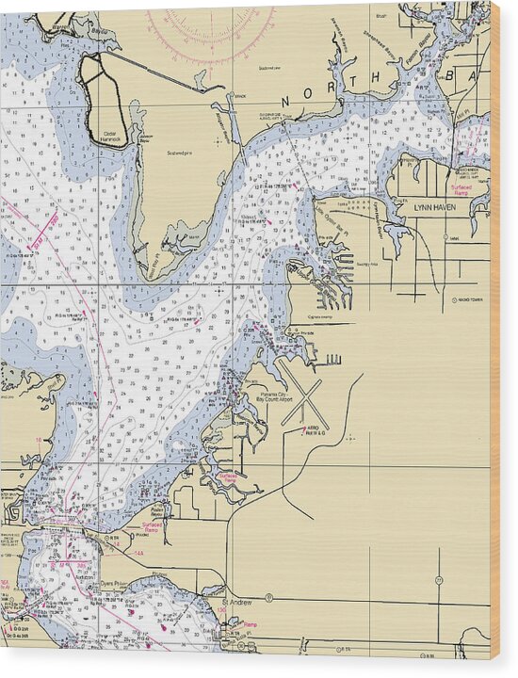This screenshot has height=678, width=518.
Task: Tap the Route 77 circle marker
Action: point(439,579)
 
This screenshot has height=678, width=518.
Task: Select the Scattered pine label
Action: point(180,152)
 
